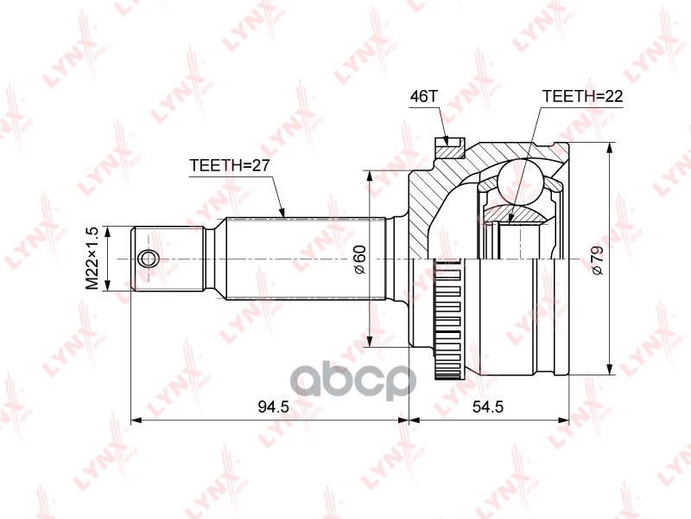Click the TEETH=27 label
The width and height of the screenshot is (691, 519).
pyautogui.click(x=229, y=165)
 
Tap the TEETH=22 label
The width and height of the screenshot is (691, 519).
pyautogui.click(x=582, y=96)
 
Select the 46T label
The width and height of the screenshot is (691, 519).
pyautogui.click(x=423, y=96)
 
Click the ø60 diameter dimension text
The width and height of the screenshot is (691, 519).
pyautogui.click(x=360, y=259)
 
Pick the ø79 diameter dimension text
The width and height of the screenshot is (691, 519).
pyautogui.click(x=598, y=261)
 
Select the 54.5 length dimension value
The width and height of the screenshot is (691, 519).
pyautogui.click(x=488, y=407)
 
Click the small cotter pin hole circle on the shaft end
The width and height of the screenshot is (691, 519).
pyautogui.click(x=147, y=259)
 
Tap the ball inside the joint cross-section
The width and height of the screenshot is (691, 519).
pyautogui.click(x=521, y=182)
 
